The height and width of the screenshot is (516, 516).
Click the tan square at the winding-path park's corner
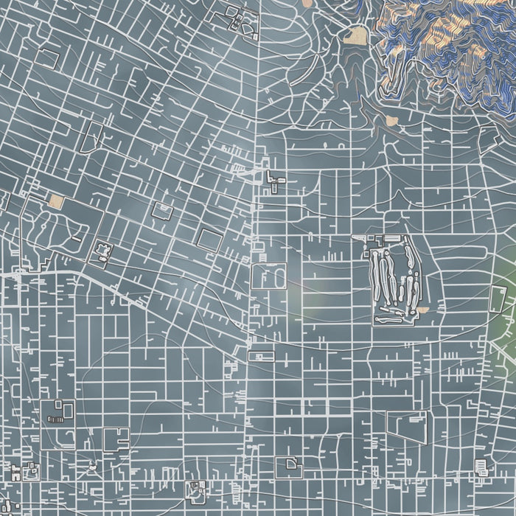click(56, 201)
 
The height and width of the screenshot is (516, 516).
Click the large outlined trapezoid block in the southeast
click(408, 428)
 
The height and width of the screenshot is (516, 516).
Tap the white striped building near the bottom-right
click(482, 467)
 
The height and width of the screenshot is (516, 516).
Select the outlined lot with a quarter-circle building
click(288, 467)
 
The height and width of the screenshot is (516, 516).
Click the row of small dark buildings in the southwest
click(55, 418)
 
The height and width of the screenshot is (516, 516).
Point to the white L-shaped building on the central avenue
click(276, 179)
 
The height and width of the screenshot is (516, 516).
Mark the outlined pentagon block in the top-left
click(48, 58)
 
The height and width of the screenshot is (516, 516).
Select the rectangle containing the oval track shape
click(268, 276)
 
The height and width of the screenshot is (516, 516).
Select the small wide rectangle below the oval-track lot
click(261, 357)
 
